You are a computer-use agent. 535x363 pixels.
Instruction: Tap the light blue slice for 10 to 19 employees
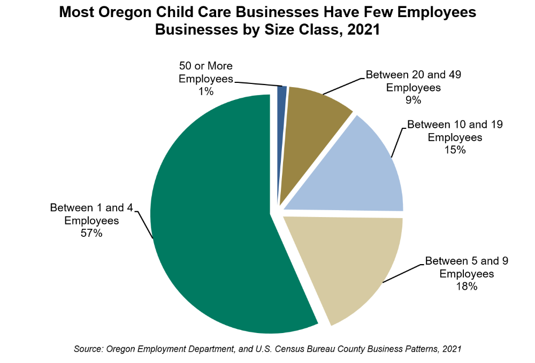point(358,171)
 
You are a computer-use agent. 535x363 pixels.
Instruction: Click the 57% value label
point(91,233)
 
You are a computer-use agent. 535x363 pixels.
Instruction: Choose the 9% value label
point(413,100)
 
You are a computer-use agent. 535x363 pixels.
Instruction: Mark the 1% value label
point(206,91)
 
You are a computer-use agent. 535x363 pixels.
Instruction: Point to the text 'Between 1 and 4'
point(91,207)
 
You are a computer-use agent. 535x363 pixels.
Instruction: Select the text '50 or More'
point(206,66)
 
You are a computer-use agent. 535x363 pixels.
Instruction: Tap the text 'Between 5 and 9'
point(467,261)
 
